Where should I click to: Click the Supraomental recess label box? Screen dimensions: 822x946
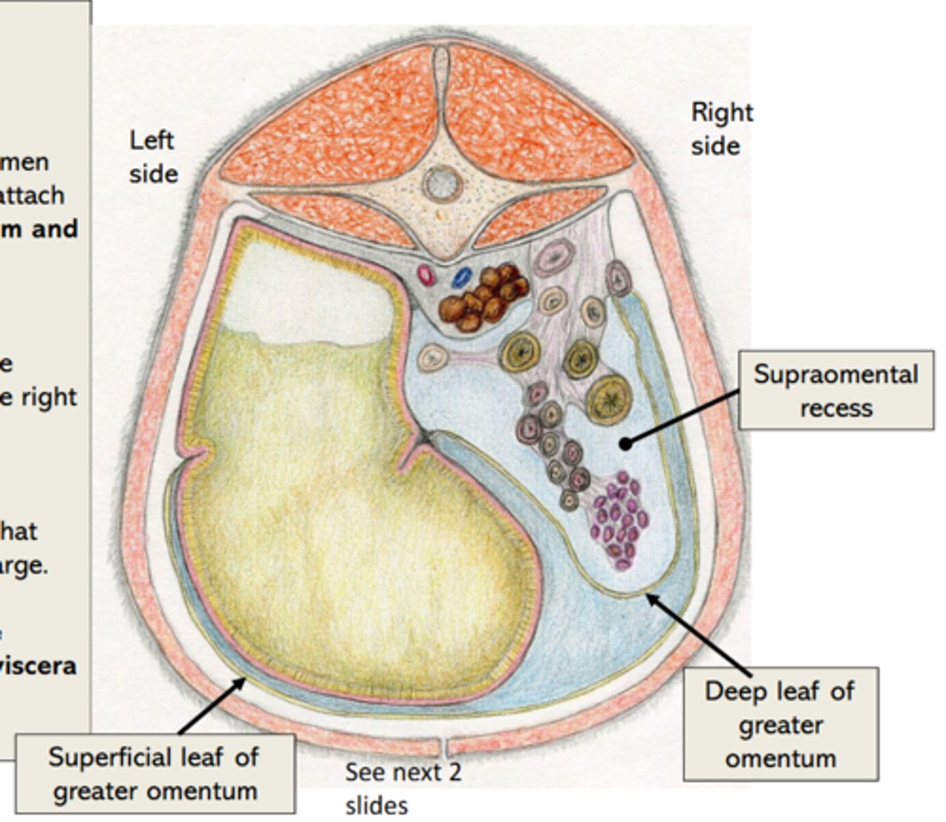[x=836, y=390]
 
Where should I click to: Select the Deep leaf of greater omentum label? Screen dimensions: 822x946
[x=780, y=724]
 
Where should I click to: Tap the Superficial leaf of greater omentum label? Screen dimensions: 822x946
[x=155, y=773]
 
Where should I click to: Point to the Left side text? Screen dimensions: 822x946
[x=153, y=157]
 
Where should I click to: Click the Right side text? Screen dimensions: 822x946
[x=721, y=129]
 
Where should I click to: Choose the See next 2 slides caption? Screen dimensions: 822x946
[x=402, y=788]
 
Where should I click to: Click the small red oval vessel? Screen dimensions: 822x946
[x=427, y=275]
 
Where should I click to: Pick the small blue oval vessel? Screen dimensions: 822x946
[x=462, y=277]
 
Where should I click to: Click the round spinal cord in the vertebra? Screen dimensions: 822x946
[x=442, y=183]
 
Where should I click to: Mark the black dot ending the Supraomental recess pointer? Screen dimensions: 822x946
[x=625, y=444]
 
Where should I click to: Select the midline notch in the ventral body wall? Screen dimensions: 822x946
[x=442, y=745]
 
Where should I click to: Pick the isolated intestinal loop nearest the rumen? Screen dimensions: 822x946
[x=433, y=358]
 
